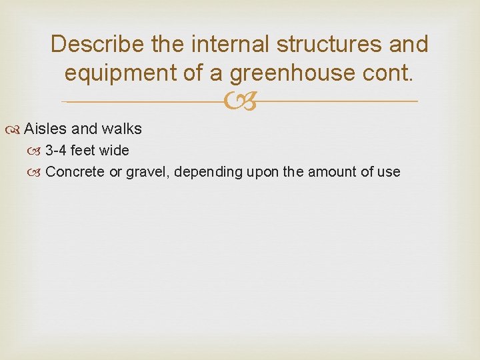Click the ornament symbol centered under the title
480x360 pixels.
click(x=239, y=102)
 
